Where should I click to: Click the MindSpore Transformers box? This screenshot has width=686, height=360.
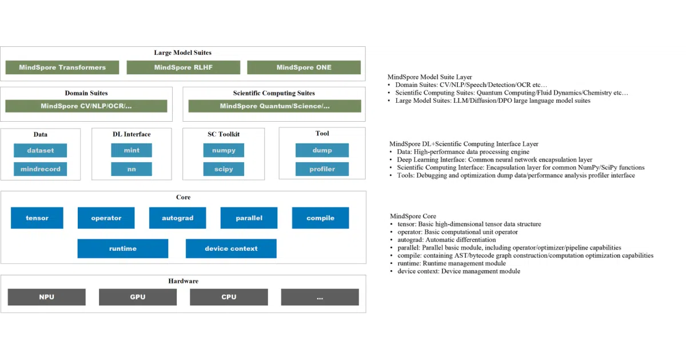[62, 67]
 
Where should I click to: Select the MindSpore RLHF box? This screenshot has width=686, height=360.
[184, 67]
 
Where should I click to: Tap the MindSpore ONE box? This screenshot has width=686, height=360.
[304, 67]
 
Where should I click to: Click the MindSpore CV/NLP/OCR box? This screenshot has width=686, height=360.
[86, 106]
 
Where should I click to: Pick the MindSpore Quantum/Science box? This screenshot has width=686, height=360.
[275, 106]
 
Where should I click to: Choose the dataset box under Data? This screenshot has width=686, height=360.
[41, 150]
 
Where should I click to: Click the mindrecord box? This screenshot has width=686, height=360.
[41, 169]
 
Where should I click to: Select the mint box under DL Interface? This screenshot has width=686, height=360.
[131, 150]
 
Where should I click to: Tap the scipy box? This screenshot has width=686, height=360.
[224, 169]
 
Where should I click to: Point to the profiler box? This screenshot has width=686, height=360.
[322, 169]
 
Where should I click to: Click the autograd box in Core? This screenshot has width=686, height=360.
[178, 218]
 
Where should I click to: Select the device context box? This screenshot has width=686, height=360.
[231, 249]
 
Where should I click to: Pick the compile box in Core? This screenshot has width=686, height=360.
[320, 218]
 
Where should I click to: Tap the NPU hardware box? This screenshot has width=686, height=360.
[46, 297]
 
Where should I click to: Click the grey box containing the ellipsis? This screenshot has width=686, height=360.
[320, 297]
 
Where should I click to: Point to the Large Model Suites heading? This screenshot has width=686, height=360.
[183, 53]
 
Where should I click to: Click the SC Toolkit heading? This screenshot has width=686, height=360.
[224, 134]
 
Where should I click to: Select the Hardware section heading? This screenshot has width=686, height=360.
[183, 281]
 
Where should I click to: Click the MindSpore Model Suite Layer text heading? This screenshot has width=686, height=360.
[430, 77]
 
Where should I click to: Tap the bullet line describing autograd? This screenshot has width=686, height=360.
[443, 239]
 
